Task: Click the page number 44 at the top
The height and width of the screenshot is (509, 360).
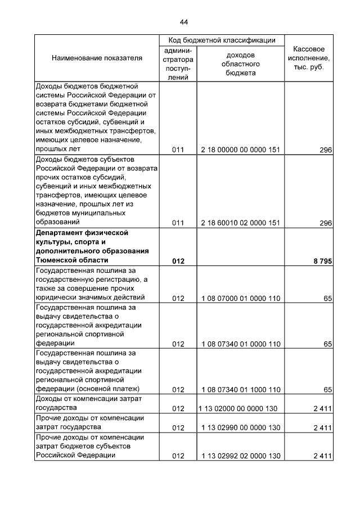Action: pyautogui.click(x=184, y=22)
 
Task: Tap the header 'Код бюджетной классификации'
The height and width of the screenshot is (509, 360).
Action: pyautogui.click(x=222, y=40)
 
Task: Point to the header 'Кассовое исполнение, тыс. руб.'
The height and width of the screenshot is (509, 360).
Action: pyautogui.click(x=309, y=58)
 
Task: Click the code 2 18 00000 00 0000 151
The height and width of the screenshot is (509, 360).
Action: pyautogui.click(x=240, y=150)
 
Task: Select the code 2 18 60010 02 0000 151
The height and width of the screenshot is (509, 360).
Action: pyautogui.click(x=240, y=223)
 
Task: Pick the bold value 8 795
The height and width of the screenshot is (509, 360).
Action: pyautogui.click(x=322, y=260)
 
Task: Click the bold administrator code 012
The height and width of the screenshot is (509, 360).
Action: pyautogui.click(x=178, y=260)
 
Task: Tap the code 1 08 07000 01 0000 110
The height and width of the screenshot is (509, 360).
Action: pyautogui.click(x=240, y=298)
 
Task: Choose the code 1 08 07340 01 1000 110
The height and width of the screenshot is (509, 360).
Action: pyautogui.click(x=240, y=390)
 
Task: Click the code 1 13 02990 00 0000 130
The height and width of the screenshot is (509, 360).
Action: pyautogui.click(x=240, y=427)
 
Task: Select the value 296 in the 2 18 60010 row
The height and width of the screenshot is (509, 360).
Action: pyautogui.click(x=326, y=223)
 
